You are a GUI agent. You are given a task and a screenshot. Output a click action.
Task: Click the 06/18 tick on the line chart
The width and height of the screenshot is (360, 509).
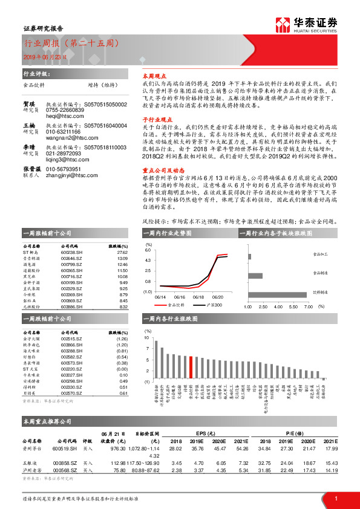coord(198,297)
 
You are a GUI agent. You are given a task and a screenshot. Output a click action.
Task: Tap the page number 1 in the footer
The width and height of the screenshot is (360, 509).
coord(335,498)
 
